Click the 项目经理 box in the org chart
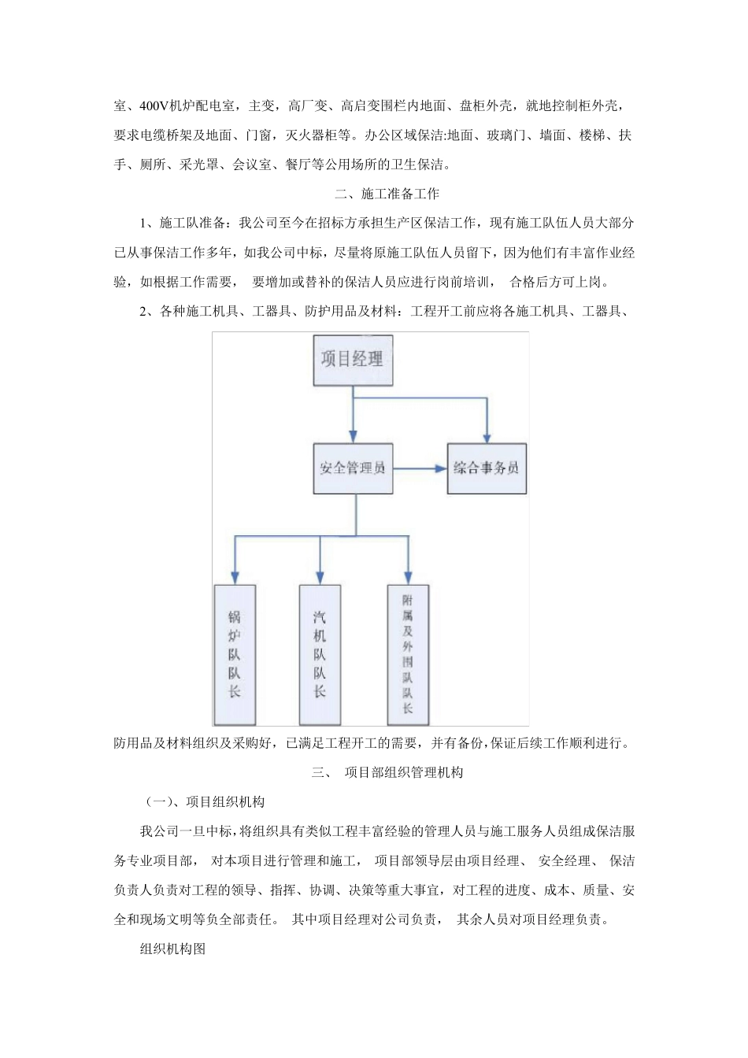point(352,360)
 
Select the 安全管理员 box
point(352,468)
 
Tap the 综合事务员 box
point(486,468)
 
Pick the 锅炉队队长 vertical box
point(235,654)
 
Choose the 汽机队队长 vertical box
point(320,654)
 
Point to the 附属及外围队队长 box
point(408,654)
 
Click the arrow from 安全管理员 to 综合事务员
point(420,468)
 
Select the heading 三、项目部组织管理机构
point(387,772)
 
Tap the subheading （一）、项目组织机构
point(206,802)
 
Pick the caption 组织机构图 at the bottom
point(172,949)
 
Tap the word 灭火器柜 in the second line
point(318,135)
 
